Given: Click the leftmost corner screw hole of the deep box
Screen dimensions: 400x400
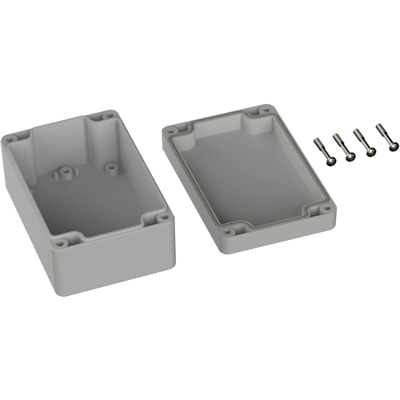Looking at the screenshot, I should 12,138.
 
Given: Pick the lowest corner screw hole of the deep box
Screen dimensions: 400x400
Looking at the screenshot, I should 63,238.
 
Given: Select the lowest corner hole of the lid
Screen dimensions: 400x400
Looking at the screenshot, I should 230,232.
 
